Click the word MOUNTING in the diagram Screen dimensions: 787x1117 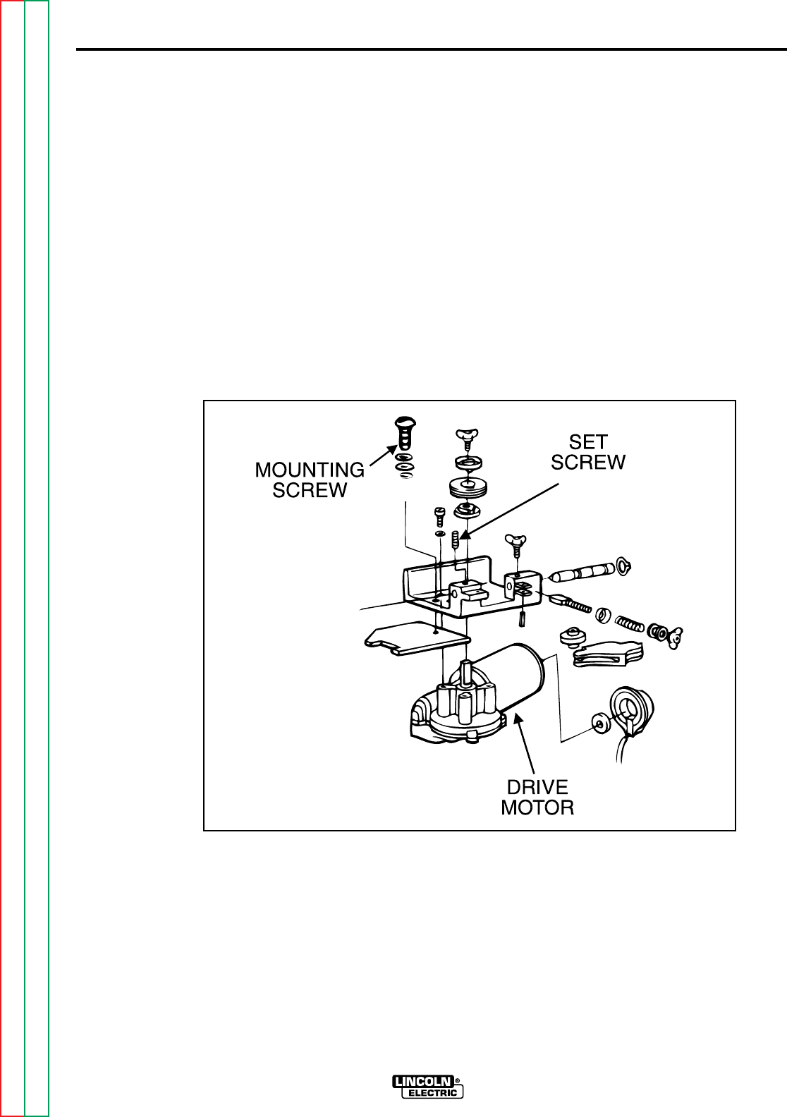pos(310,470)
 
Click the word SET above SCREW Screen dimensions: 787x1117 pos(588,442)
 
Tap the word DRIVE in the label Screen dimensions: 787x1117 pos(537,788)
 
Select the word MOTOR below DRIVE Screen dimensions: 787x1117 pos(537,807)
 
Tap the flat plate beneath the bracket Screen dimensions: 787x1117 pos(417,639)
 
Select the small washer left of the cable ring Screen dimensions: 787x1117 pos(598,721)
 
